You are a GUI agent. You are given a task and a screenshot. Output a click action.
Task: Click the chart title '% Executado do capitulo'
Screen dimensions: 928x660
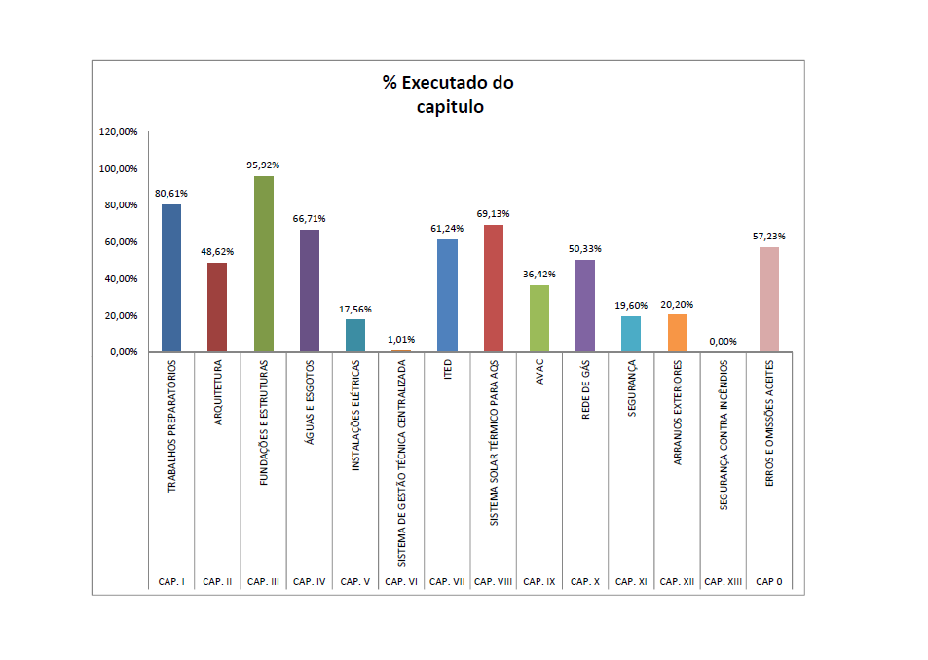pos(448,94)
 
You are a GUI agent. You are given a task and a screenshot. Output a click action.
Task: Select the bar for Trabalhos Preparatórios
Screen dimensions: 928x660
pos(171,278)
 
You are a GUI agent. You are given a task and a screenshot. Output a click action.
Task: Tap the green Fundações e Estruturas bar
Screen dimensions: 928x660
pos(263,264)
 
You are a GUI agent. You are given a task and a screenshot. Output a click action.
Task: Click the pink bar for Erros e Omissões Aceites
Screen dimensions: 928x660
pos(769,299)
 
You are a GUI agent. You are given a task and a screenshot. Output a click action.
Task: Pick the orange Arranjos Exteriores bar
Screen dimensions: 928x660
pos(677,333)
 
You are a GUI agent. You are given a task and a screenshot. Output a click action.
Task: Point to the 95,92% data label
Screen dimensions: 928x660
pos(263,165)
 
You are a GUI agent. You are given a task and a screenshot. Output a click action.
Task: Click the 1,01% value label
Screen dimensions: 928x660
pos(401,340)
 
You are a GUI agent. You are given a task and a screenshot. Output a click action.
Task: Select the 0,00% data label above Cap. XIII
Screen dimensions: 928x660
pos(724,342)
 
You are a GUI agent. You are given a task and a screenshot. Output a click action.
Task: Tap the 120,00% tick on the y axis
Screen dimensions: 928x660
pos(119,131)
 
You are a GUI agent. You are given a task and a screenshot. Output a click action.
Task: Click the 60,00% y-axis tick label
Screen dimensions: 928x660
pos(121,241)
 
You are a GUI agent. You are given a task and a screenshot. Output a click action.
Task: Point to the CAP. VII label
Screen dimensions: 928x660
pos(447,582)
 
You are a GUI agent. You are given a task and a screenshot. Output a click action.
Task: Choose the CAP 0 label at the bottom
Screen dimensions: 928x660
pos(769,582)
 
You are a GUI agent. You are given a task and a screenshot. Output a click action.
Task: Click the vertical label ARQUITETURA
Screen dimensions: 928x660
pos(218,392)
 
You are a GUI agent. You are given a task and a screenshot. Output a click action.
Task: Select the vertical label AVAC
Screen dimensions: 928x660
pos(539,372)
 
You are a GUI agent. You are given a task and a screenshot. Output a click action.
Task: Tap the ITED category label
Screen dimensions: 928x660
pos(447,370)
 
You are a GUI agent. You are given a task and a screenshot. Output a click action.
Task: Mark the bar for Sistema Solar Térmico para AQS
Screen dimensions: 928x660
pos(494,288)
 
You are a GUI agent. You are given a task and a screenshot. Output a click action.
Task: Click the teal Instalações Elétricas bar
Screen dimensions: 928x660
pos(355,336)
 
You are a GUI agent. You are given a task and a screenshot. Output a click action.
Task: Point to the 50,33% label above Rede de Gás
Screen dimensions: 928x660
pos(584,249)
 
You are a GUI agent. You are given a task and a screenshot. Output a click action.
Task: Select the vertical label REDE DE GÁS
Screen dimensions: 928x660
pos(585,389)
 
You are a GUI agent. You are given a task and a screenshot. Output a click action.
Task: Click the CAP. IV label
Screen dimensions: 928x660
pos(309,582)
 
